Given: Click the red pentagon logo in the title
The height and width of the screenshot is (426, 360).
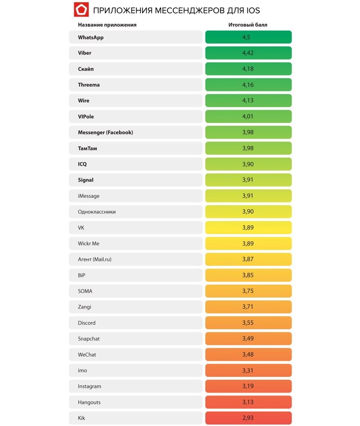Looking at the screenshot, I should (x=81, y=9).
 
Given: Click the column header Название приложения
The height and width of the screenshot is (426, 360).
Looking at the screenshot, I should (x=107, y=25).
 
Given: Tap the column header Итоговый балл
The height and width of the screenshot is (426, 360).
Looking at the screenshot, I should (x=248, y=25).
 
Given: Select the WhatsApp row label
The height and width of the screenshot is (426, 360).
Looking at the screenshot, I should (x=91, y=37).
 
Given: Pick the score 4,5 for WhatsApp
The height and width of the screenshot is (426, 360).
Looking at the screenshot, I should (x=248, y=37).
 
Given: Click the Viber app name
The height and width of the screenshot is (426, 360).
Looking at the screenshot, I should (x=85, y=53).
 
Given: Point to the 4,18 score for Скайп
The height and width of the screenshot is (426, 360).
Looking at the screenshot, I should (x=248, y=69).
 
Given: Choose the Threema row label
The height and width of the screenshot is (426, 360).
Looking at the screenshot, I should (x=89, y=85).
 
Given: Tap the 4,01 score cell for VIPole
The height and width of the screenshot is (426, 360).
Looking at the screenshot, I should (x=248, y=117).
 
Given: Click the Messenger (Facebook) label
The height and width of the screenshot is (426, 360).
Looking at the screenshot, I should (x=105, y=132).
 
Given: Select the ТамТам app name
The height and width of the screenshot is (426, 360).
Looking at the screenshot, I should (x=87, y=148).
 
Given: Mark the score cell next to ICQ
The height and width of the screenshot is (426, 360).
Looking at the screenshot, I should (x=248, y=164).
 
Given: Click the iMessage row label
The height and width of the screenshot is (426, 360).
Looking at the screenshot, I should (x=89, y=196).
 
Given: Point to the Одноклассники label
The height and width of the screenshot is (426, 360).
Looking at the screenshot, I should (x=97, y=212).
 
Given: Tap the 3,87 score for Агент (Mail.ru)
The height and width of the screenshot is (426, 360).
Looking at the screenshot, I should (x=248, y=259).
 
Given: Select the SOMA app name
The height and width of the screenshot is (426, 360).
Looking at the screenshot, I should (x=85, y=291).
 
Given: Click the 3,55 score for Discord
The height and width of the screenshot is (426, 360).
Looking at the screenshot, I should (x=248, y=323).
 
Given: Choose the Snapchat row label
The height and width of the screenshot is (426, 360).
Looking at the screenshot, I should (x=89, y=339).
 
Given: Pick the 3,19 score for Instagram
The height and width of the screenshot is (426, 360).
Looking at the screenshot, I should (x=248, y=386).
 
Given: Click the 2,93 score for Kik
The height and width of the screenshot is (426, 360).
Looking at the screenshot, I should (x=248, y=418).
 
